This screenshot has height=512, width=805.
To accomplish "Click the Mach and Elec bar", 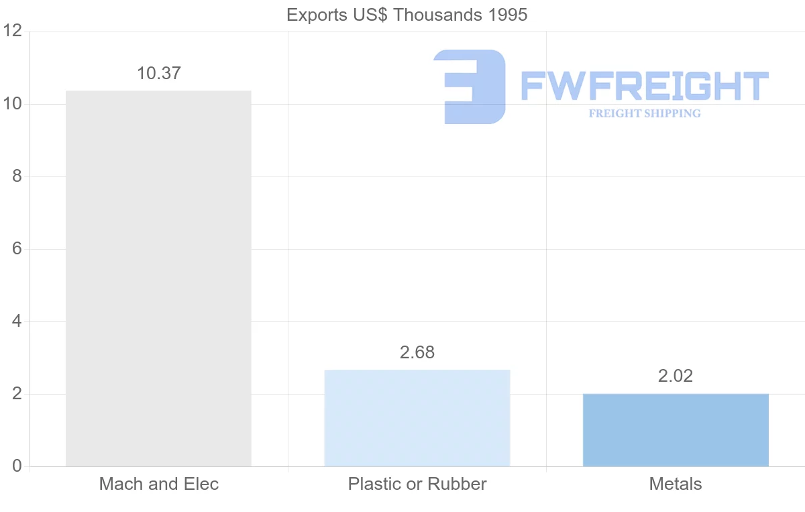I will click(x=158, y=278).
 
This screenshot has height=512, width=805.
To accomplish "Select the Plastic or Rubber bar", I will click(x=417, y=417).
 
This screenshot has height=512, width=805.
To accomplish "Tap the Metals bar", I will click(x=676, y=429).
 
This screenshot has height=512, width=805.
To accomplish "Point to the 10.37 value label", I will click(x=159, y=73).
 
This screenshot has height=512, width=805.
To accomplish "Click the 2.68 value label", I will click(x=417, y=352).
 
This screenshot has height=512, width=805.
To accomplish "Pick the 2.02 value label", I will click(x=676, y=376).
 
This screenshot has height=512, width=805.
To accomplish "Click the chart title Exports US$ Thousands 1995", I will click(x=407, y=15).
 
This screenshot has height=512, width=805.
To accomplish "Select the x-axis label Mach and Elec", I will click(x=159, y=484).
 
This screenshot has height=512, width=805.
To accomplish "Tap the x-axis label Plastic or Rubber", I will click(x=417, y=484).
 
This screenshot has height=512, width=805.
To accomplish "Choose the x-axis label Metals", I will click(x=676, y=484).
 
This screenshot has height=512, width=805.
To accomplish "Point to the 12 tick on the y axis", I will click(x=13, y=32).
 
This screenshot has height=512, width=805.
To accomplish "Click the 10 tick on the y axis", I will click(x=13, y=104).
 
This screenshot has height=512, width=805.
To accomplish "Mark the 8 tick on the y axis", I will click(x=17, y=176).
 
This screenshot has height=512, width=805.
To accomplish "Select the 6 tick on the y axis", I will click(x=17, y=249).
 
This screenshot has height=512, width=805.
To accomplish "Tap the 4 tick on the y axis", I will click(x=17, y=321).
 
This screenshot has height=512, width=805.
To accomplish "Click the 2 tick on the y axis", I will click(x=17, y=394).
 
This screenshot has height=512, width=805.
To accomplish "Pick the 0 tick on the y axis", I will click(x=17, y=466).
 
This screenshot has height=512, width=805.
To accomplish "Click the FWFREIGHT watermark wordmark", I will click(x=645, y=86).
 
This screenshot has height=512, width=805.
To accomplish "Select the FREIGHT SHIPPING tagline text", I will click(x=645, y=113).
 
